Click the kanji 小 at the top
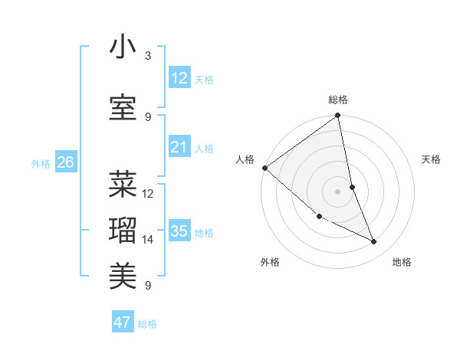pos(123,47)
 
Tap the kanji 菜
pos(123,184)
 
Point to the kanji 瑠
pos(123,229)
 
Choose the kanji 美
pos(123,273)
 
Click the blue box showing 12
pos(179,78)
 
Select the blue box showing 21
pos(179,147)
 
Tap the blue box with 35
pos(179,231)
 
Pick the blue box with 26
pos(65,162)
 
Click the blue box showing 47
pos(123,322)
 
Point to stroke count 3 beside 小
pos(148,56)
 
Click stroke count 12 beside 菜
pos(148,194)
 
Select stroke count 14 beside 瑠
pos(148,240)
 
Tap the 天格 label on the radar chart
pos(432,159)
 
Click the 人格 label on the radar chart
pos(245,159)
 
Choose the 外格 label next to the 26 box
pos(41,163)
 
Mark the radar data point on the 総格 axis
pos(337,116)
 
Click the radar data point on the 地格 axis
pos(374,242)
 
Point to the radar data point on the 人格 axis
pos(264,168)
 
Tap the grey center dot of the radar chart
pos(337,191)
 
